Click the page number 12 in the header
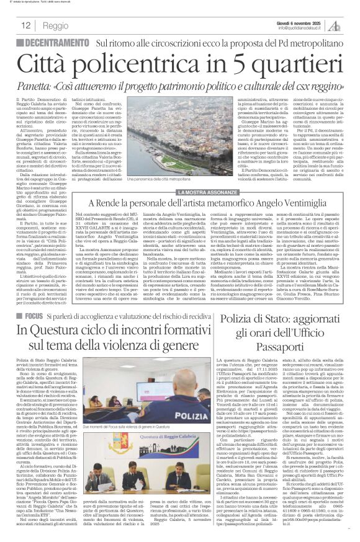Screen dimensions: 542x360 click(26, 25)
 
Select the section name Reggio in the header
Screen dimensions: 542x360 click(56, 26)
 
